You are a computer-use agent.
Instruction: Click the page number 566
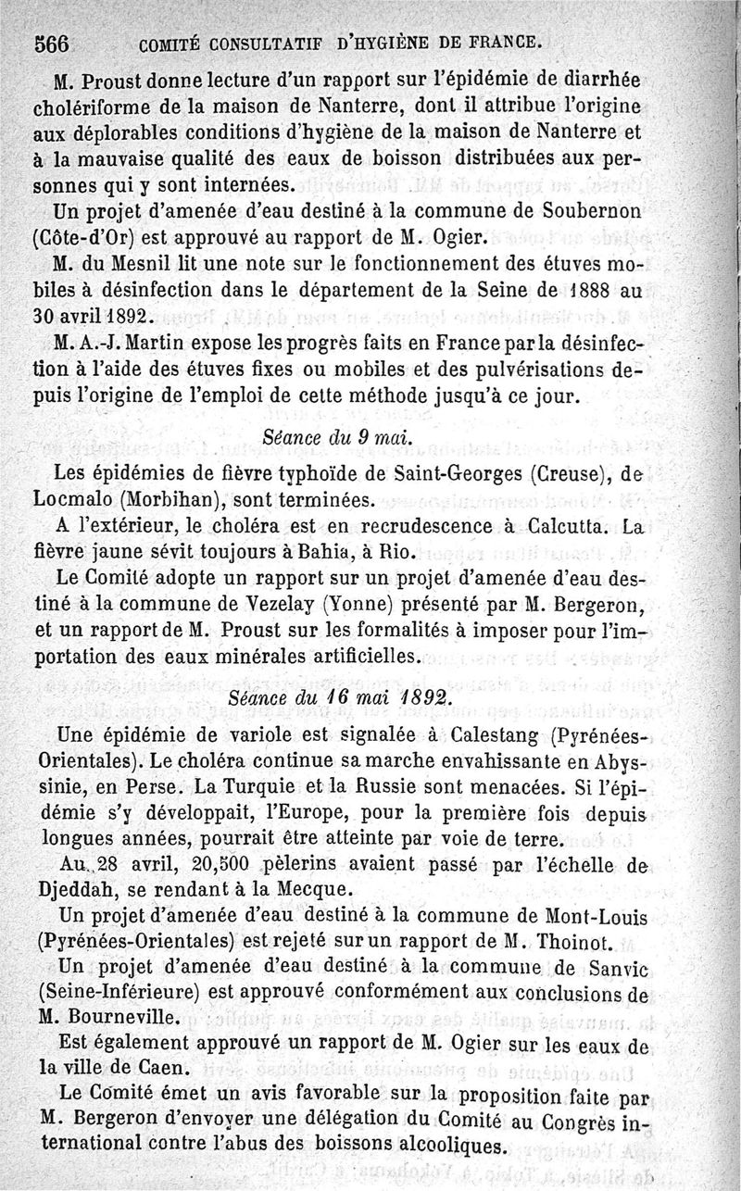[53, 43]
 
